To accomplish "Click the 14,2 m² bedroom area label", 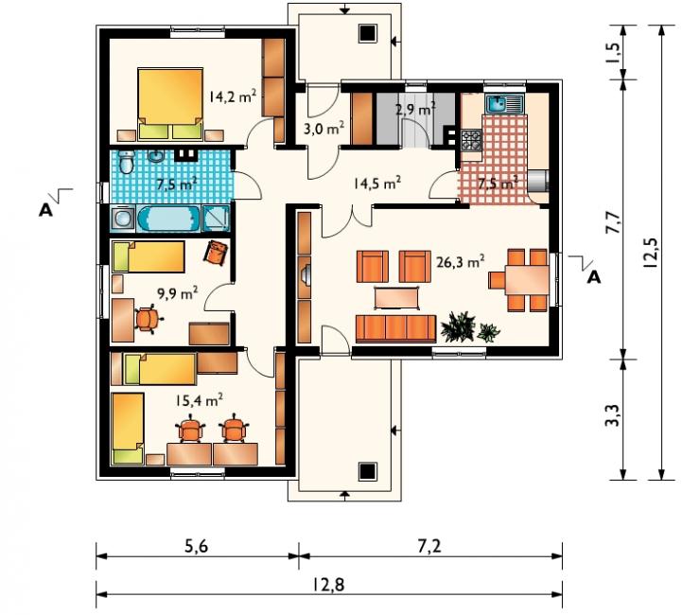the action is [x=233, y=96].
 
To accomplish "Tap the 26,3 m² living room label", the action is [x=461, y=261].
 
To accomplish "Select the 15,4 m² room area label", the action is [x=199, y=400].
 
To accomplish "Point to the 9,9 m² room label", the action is [x=177, y=294].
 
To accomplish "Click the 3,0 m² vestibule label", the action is [x=324, y=129].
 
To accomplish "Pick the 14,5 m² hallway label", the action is [x=376, y=184].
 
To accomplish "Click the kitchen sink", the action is [x=503, y=104].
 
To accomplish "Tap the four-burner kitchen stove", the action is [x=471, y=140].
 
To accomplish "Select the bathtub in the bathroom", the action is [x=168, y=219].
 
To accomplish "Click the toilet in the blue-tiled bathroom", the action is [x=127, y=162].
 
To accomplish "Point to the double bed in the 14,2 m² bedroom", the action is [x=170, y=104].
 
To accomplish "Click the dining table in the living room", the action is [x=527, y=280].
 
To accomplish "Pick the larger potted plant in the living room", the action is [x=458, y=327].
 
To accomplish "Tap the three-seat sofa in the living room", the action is [x=395, y=328].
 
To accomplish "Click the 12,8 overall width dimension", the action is [x=328, y=585].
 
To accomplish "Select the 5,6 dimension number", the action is [x=197, y=546].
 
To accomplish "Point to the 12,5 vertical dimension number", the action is [x=650, y=253].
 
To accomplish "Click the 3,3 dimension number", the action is [x=613, y=415].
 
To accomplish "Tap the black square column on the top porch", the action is [x=368, y=33].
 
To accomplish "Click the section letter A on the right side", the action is [x=594, y=277].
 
